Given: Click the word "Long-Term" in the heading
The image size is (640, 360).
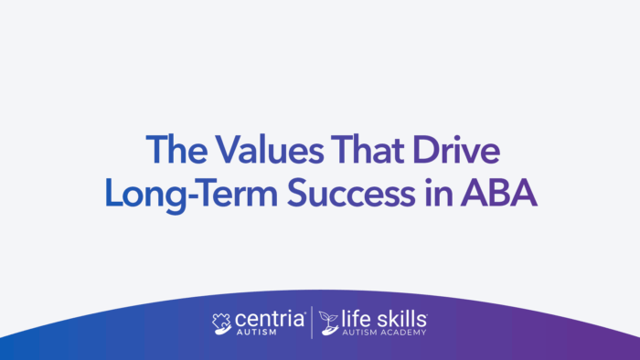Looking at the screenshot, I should (185, 192).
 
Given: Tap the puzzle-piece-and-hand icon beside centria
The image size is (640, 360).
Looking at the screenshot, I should (222, 323).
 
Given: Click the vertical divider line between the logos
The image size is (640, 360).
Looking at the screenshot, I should (313, 323).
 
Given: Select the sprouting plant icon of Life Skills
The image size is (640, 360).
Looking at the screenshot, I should (328, 323).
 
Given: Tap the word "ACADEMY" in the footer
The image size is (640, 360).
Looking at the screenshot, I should (405, 334).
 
